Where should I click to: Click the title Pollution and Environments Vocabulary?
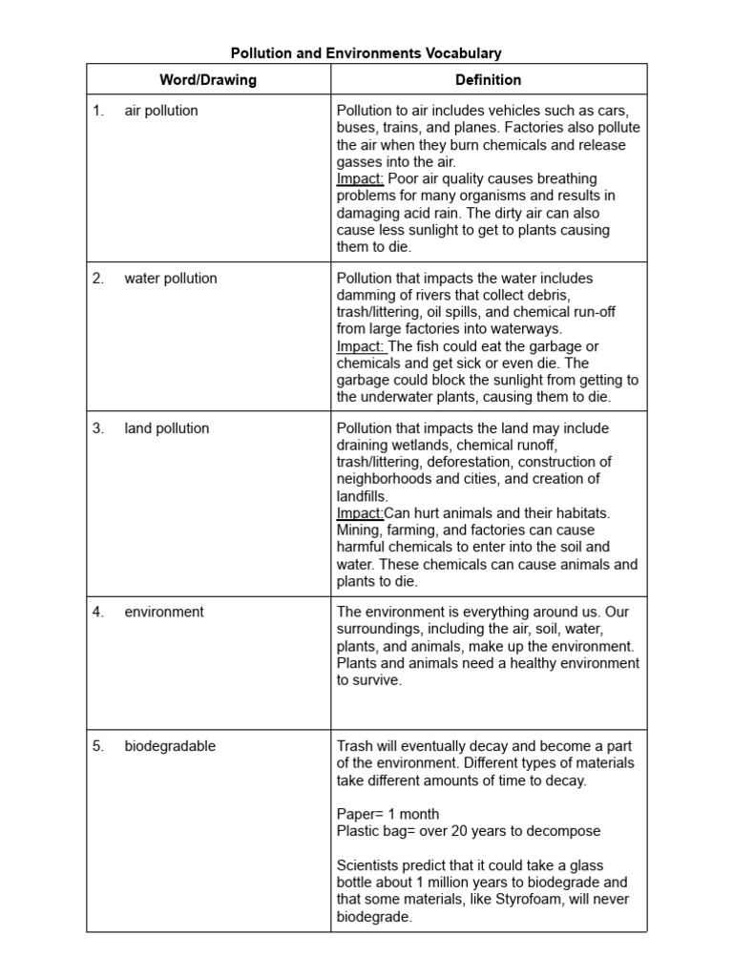366,53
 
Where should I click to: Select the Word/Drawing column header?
208,80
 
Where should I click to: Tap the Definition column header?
489,80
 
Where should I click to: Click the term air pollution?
161,111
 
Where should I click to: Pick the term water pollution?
171,279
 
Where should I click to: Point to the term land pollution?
167,428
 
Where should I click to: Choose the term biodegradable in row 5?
170,746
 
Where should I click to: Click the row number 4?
98,612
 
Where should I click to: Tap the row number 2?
98,279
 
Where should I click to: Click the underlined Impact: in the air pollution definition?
360,179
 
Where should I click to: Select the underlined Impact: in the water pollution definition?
360,346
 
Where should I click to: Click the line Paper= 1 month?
388,814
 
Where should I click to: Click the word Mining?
359,530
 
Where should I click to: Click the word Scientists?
371,865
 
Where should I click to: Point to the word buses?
356,128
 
